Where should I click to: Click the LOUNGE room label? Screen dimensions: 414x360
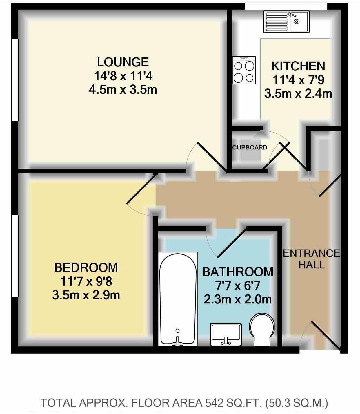pos(123,62)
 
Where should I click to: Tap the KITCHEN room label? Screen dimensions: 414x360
pos(298,66)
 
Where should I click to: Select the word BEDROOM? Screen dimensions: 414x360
pos(86,267)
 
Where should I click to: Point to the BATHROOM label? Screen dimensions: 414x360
pos(238,272)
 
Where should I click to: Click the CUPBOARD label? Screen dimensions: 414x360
pos(250,147)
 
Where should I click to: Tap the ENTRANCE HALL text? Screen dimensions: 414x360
pos(311,259)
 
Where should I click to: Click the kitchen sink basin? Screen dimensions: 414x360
pos(298,22)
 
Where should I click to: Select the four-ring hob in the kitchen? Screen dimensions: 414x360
pos(244,70)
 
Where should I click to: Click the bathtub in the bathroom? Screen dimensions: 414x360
pos(178,299)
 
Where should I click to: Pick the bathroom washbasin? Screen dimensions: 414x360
pos(226,334)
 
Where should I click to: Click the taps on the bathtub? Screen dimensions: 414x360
pos(177,342)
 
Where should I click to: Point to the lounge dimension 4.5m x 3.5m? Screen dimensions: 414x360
pos(123,90)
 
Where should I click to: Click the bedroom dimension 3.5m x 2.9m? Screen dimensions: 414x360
pos(86,295)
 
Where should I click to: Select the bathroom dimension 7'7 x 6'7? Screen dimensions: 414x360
pos(238,286)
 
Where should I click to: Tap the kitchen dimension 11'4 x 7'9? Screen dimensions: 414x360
pos(298,80)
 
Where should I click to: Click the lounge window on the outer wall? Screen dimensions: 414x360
pos(14,80)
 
